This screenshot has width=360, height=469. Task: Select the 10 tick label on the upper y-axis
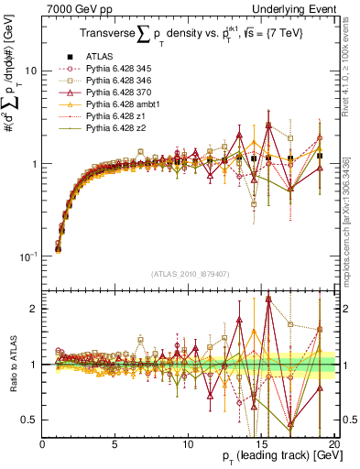(x=30, y=71)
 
